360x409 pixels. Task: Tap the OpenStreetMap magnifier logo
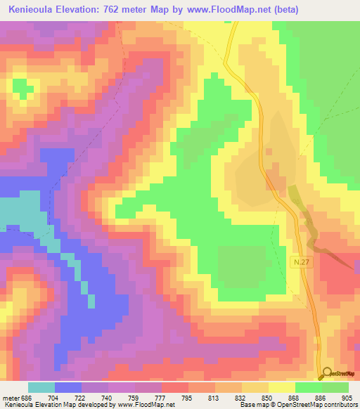pos(327,374)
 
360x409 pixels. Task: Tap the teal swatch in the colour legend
pos(41,387)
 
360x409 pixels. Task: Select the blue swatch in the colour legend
pos(68,387)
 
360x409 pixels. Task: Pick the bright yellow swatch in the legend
pos(281,387)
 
